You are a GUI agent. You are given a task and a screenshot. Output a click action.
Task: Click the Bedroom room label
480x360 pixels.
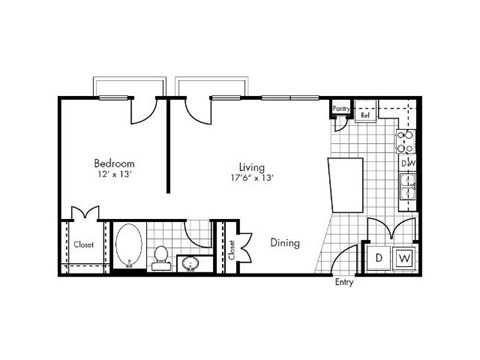pos(114,163)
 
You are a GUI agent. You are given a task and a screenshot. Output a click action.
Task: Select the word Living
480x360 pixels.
pos(251,166)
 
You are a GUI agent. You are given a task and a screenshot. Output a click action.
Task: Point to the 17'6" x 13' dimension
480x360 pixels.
pos(250,178)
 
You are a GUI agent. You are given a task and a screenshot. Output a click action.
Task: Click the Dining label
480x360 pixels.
pos(286,241)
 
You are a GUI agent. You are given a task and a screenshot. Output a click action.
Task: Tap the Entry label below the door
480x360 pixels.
pos(345,282)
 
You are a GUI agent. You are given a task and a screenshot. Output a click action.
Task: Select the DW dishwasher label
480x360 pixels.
pos(408,163)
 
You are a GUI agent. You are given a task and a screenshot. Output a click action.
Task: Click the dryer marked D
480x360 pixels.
pos(380,258)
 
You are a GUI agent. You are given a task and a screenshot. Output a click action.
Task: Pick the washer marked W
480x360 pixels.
pos(404,258)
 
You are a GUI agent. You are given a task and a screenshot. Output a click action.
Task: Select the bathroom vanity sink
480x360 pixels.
pos(193,262)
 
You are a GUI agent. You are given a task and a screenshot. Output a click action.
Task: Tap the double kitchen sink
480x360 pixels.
pos(408,187)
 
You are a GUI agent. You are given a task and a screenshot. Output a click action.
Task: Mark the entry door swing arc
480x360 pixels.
pos(345,258)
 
